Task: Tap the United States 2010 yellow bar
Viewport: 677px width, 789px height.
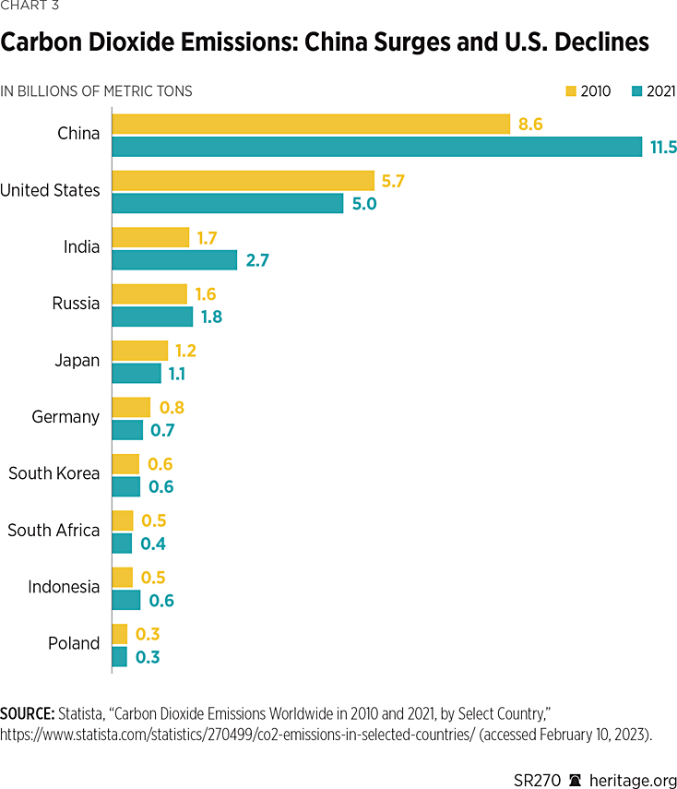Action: [243, 181]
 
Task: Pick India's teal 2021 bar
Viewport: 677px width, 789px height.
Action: [174, 260]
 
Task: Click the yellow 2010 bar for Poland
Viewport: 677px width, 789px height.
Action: [119, 634]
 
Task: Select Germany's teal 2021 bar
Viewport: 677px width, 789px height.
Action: [127, 430]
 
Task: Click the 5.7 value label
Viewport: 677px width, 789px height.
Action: [393, 181]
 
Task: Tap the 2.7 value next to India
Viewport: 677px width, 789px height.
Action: [258, 260]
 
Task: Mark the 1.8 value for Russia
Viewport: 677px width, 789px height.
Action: [211, 317]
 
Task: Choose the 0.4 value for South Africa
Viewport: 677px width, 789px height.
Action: [151, 544]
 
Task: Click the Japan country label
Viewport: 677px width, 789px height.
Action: [77, 361]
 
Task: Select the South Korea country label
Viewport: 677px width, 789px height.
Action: [53, 473]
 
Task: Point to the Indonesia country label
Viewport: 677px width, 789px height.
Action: [64, 587]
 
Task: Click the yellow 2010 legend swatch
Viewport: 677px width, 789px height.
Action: [571, 91]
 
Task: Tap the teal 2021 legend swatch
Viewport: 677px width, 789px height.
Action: [636, 91]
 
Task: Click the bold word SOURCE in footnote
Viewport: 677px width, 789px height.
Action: [28, 713]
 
